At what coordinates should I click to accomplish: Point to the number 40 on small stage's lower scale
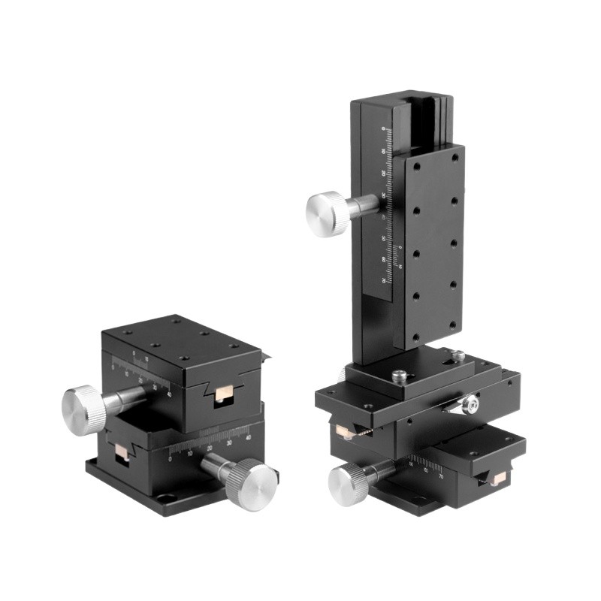pos(249,433)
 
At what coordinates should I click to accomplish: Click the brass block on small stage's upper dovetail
pos(223,394)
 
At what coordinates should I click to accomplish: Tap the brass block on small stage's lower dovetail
pos(119,452)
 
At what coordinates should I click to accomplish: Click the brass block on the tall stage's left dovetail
pos(346,431)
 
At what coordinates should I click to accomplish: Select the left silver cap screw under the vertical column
pos(397,373)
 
